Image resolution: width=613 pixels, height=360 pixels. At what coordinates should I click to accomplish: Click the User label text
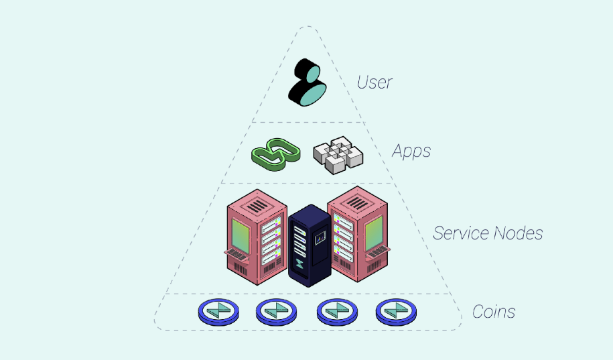[x=374, y=82]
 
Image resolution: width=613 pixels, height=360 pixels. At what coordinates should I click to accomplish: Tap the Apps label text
[x=411, y=151]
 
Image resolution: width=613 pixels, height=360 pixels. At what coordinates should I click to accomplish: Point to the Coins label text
[x=494, y=312]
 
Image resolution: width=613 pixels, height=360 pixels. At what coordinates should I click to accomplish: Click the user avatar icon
[x=308, y=83]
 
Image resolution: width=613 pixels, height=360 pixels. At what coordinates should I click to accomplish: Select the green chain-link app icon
[x=274, y=154]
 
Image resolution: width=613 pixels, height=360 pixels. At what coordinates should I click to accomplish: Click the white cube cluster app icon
[x=338, y=155]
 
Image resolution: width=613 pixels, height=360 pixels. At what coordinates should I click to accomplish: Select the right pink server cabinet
[x=359, y=235]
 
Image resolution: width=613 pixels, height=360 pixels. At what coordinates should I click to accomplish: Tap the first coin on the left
[x=218, y=310]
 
